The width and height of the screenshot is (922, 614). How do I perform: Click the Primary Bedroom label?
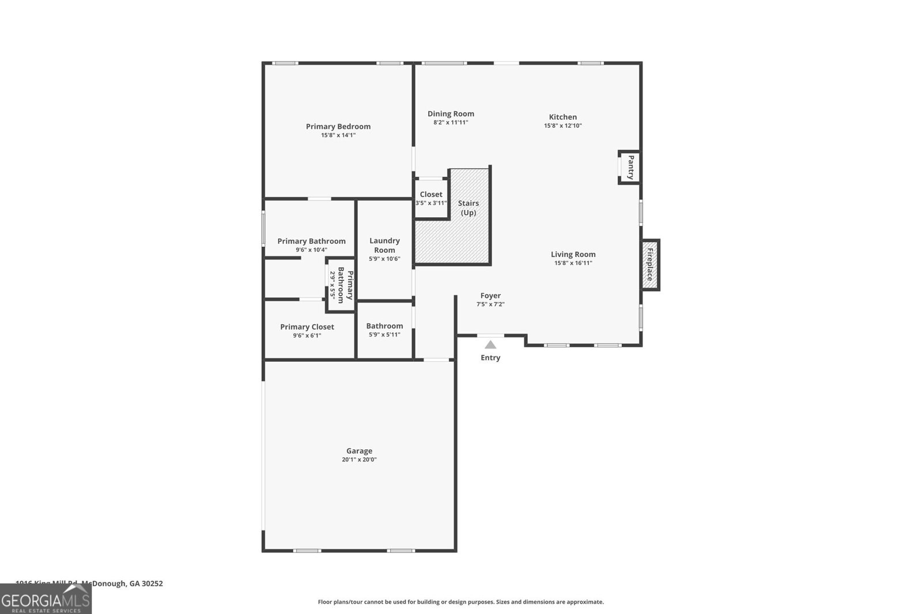point(338,127)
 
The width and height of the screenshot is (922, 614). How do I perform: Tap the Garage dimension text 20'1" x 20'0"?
point(359,460)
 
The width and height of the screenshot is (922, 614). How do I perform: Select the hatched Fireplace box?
point(649,265)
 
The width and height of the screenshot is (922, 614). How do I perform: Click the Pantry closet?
point(630,167)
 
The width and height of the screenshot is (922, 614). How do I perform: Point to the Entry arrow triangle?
point(490,345)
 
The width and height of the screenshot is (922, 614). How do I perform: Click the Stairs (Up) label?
point(468,208)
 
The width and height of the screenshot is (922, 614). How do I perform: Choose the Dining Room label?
point(451,114)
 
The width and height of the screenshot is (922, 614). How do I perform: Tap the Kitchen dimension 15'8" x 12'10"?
point(563,126)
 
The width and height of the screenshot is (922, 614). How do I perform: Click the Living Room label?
point(573,255)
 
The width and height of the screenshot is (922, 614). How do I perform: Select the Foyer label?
point(490,296)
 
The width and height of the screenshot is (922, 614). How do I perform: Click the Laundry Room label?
point(384,245)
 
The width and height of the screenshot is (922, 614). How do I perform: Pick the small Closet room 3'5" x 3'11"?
point(431,199)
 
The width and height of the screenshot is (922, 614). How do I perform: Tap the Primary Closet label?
point(307,327)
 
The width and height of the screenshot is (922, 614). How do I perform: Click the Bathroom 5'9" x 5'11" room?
point(384,330)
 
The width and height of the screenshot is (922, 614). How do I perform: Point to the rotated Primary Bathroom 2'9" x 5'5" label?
point(341,284)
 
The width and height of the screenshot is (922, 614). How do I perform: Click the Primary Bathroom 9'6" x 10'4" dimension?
point(311,250)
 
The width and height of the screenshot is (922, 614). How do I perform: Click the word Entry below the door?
point(490,358)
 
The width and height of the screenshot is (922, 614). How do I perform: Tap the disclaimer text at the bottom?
point(461,602)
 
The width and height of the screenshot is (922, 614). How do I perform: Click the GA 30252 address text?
point(146,583)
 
